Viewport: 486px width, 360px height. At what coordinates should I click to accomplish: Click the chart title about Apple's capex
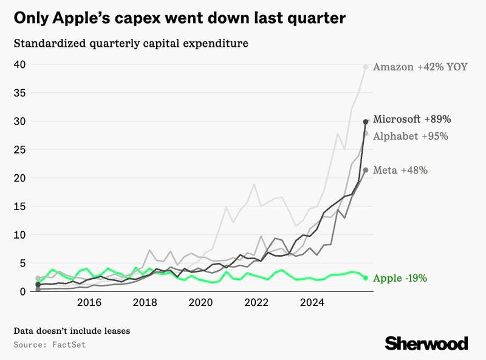(x=180, y=18)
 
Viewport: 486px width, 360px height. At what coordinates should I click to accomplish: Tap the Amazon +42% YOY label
(x=420, y=67)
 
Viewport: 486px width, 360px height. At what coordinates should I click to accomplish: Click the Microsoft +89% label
(x=412, y=119)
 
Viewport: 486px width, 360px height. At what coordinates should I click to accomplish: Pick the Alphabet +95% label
(x=411, y=136)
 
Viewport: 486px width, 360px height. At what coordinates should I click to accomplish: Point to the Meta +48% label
(x=400, y=171)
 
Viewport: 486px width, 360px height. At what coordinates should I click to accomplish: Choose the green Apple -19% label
(x=400, y=279)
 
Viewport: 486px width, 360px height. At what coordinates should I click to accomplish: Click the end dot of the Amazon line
(x=366, y=67)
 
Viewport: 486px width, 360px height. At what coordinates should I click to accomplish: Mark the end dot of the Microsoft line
(x=366, y=121)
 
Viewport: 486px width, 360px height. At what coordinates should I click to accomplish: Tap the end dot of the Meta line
(x=366, y=171)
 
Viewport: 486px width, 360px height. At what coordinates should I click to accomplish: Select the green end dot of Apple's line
(x=366, y=278)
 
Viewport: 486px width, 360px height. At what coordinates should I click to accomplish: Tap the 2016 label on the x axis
(x=89, y=302)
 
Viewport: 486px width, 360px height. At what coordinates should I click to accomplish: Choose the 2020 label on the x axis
(x=201, y=302)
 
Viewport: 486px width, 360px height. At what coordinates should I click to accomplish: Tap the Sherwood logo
(x=426, y=343)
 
